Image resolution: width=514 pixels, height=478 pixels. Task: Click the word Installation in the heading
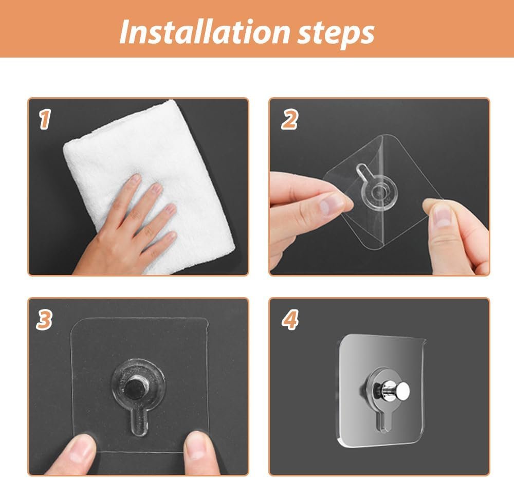point(205,32)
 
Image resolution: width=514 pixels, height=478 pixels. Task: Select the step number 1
point(45,119)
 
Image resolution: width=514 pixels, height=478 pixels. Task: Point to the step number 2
point(290,119)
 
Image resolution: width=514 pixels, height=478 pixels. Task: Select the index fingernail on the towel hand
point(134,179)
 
